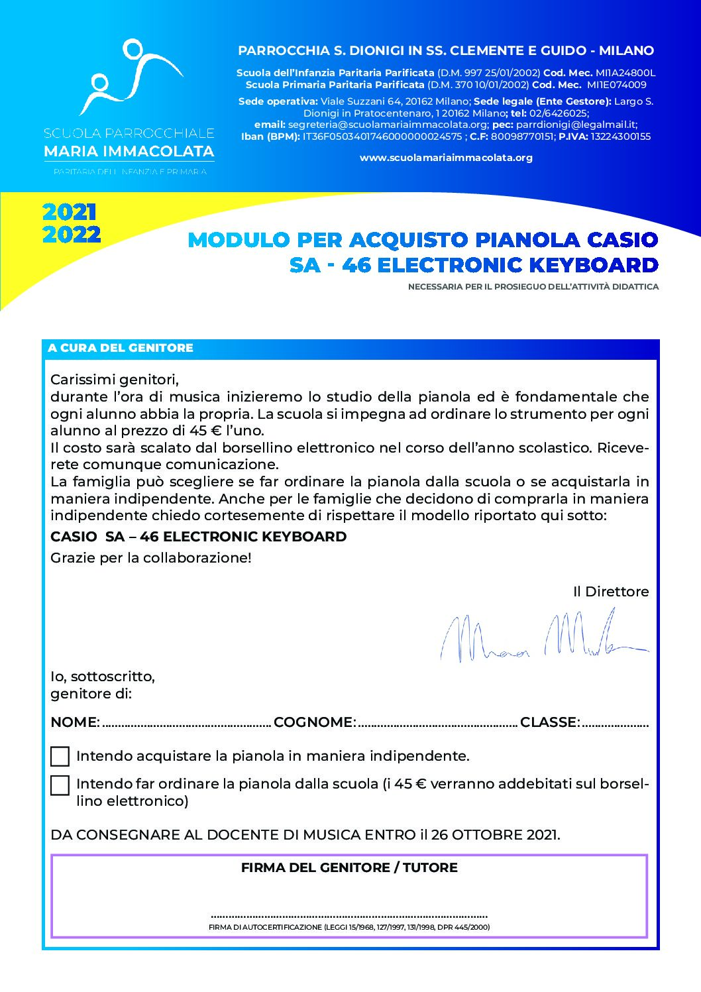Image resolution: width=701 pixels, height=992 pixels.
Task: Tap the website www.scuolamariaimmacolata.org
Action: pos(446,158)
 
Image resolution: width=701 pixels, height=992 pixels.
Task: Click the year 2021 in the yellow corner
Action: pos(70,212)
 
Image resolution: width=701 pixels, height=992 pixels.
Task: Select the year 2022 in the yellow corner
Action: pos(72,235)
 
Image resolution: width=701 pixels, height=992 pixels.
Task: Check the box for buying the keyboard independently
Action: pos(60,756)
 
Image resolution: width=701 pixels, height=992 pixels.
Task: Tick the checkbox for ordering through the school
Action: pos(60,785)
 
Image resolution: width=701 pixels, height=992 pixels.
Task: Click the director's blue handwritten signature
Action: pos(543,637)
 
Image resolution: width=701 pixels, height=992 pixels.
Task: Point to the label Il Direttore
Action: pos(610,592)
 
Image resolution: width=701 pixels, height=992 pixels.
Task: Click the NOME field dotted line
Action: pos(187,724)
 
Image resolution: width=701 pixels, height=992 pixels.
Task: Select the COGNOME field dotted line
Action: pos(437,724)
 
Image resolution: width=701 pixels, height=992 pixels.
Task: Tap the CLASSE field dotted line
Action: pos(616,724)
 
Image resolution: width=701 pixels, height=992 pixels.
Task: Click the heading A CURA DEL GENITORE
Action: pos(121,348)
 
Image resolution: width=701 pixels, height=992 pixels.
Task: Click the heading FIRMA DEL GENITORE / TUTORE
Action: pos(349,867)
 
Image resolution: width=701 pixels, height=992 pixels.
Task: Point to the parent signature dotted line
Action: pos(349,915)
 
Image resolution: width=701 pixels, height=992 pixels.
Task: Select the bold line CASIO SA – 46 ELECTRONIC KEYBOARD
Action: pos(199,537)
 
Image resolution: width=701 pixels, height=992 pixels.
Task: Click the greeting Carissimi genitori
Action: pos(115,380)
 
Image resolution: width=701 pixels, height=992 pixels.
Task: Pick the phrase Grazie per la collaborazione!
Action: pos(151,558)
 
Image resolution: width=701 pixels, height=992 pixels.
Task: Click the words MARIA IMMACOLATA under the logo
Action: pos(129,152)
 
